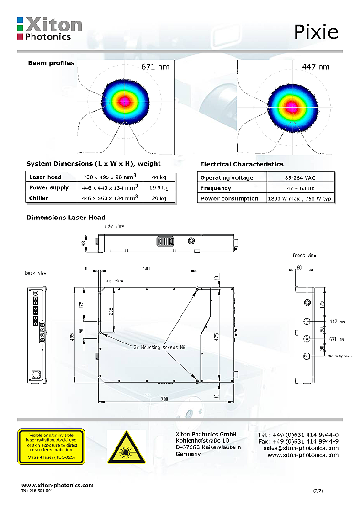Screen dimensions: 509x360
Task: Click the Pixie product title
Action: (x=316, y=31)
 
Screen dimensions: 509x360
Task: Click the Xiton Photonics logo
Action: (x=49, y=28)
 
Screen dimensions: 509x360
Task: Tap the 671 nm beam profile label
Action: (x=155, y=67)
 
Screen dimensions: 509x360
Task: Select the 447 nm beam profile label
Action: (x=316, y=67)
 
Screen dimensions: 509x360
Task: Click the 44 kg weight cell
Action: (x=159, y=177)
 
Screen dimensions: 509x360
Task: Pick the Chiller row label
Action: (x=39, y=198)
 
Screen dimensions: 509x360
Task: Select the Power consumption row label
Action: (x=229, y=198)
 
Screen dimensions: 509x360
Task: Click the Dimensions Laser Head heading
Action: (x=66, y=218)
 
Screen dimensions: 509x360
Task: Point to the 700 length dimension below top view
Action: (x=164, y=398)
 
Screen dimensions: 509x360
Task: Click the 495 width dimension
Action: (x=71, y=337)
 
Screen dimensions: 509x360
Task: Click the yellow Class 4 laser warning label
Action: (x=51, y=447)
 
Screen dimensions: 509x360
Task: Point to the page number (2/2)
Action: (x=318, y=490)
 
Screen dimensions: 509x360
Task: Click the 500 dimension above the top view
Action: (x=147, y=269)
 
